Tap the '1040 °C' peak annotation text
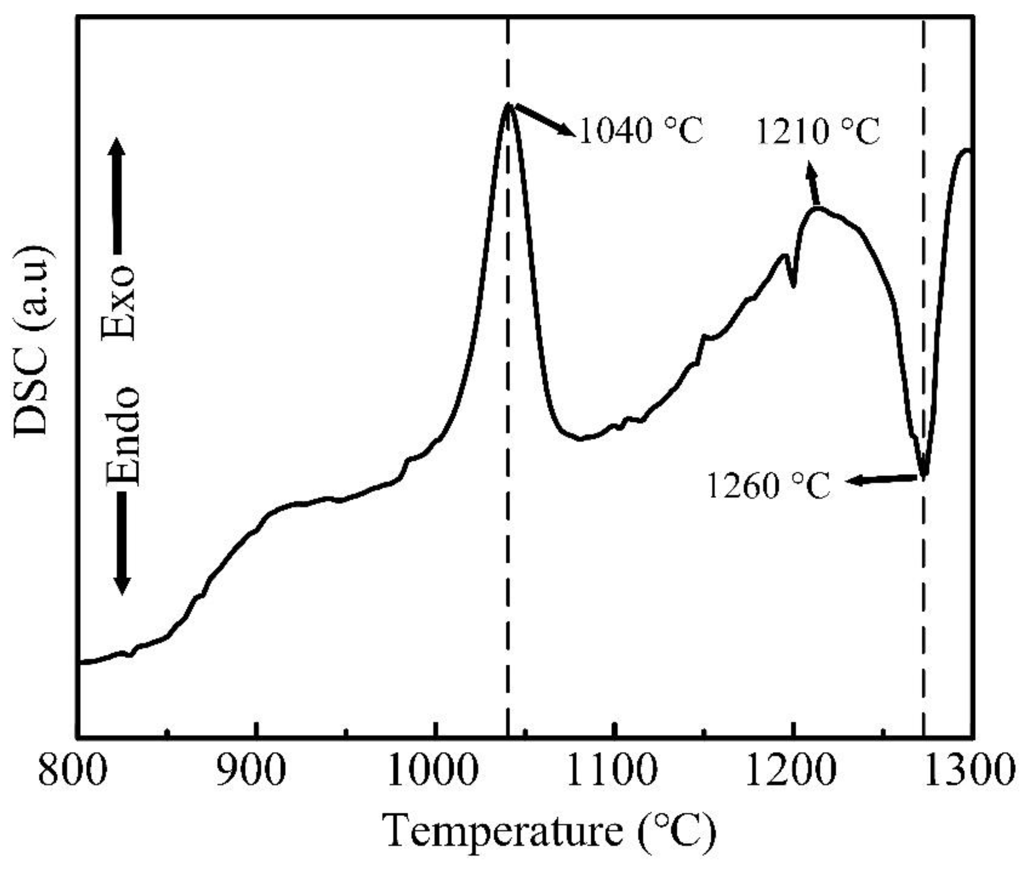click(x=641, y=131)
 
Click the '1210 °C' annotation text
click(x=818, y=132)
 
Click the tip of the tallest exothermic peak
click(x=507, y=104)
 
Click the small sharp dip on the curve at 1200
click(x=793, y=285)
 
